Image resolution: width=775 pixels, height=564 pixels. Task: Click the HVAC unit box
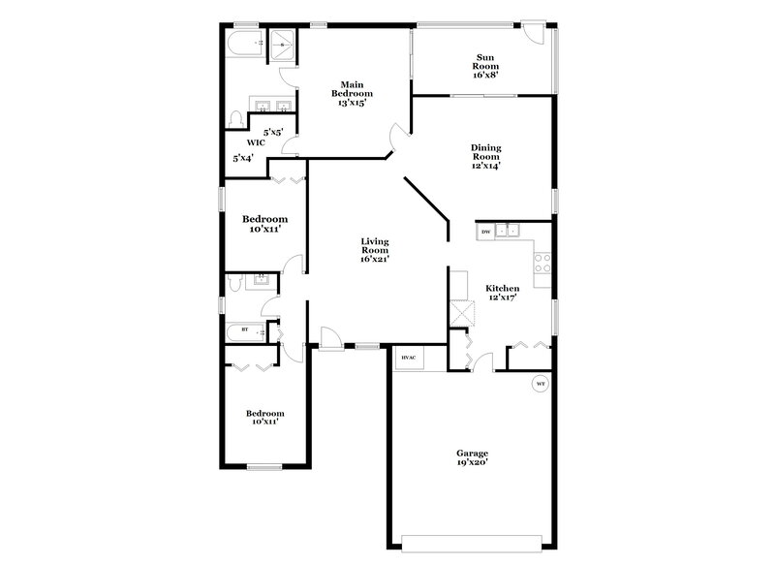pyautogui.click(x=408, y=358)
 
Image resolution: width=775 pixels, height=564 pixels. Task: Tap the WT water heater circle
pyautogui.click(x=541, y=384)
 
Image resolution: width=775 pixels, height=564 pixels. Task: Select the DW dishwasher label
pyautogui.click(x=484, y=232)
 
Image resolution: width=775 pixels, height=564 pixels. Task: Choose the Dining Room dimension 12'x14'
pyautogui.click(x=485, y=165)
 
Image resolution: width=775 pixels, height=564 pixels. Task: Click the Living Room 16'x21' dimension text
pyautogui.click(x=375, y=260)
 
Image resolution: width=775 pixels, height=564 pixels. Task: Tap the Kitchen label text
pyautogui.click(x=502, y=288)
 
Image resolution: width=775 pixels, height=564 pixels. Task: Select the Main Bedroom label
pyautogui.click(x=351, y=93)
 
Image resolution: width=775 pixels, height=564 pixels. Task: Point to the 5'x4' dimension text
pyautogui.click(x=242, y=158)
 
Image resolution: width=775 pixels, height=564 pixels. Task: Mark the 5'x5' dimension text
pyautogui.click(x=273, y=131)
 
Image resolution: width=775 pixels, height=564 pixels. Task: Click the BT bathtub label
pyautogui.click(x=244, y=331)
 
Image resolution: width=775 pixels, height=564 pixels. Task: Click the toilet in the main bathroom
pyautogui.click(x=235, y=117)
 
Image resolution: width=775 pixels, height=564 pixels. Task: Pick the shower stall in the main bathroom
pyautogui.click(x=282, y=44)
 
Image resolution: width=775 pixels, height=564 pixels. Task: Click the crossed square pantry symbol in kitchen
pyautogui.click(x=463, y=314)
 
